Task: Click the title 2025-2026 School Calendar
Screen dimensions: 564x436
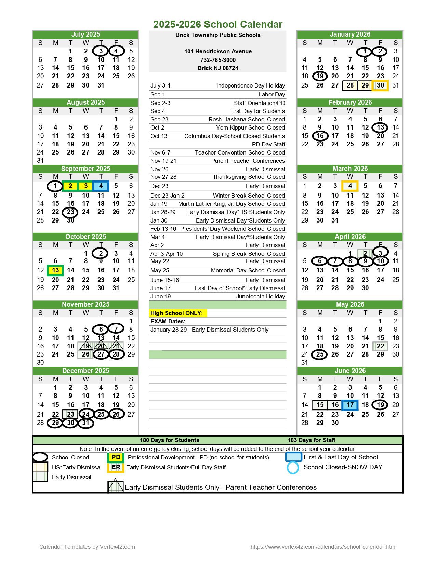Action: pos(217,24)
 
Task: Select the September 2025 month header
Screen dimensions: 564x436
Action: pos(85,169)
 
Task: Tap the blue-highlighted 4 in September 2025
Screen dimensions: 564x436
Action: pos(101,186)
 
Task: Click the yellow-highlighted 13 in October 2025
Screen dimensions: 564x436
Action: pos(55,270)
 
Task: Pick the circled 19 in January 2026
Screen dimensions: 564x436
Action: pos(320,76)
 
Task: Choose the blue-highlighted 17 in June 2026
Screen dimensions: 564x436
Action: pos(350,405)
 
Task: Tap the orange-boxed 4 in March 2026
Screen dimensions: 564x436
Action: pos(350,186)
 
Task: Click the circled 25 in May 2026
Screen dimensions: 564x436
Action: pos(320,354)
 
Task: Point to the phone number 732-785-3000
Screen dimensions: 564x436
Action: pos(218,60)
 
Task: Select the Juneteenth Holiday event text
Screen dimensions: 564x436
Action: pos(260,297)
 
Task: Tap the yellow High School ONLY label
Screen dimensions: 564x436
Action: pos(177,313)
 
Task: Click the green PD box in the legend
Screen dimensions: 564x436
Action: pos(116,457)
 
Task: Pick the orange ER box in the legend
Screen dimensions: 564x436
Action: pos(116,467)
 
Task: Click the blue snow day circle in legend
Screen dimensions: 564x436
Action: pos(293,468)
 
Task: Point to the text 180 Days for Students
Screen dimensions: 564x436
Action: pos(169,440)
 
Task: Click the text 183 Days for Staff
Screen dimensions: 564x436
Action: pos(311,440)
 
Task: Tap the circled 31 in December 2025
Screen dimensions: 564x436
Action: pos(85,423)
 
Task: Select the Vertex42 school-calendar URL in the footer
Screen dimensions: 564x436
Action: pos(323,547)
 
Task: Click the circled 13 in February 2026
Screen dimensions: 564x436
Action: pos(380,127)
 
